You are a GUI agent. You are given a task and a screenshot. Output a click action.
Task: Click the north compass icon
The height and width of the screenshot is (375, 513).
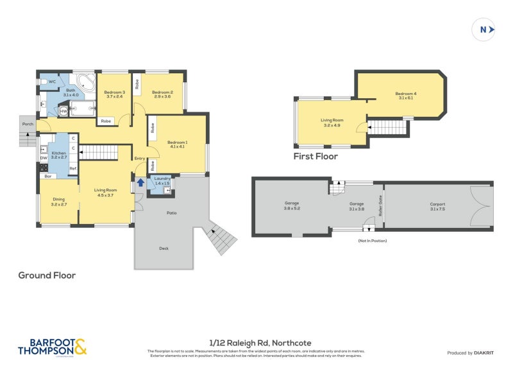[484, 29]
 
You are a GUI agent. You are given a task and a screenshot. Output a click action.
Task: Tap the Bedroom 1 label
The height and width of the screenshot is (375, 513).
[177, 144]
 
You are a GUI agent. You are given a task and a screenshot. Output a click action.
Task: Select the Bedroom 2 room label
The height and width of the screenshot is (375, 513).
[162, 94]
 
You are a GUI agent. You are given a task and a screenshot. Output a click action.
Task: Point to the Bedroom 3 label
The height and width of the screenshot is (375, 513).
[114, 94]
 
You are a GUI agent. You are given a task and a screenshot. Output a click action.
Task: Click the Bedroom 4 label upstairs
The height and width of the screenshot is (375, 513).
[406, 96]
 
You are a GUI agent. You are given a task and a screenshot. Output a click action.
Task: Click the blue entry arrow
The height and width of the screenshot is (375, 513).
[140, 184]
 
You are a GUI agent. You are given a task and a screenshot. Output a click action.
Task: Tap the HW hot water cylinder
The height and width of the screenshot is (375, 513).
[63, 111]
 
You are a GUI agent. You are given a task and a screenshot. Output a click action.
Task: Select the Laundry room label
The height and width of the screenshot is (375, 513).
[161, 181]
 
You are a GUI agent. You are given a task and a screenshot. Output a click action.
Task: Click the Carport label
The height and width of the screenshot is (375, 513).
[437, 205]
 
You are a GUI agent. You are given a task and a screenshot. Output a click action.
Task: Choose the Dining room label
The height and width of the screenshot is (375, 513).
[58, 201]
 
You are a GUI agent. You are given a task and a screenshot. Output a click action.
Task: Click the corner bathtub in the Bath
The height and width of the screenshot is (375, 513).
[84, 82]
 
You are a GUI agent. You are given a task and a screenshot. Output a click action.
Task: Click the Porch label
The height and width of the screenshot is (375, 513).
[27, 124]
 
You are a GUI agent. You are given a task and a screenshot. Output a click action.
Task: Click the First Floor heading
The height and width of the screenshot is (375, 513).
[315, 156]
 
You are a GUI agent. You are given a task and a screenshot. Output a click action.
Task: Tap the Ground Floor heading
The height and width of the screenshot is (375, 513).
[47, 275]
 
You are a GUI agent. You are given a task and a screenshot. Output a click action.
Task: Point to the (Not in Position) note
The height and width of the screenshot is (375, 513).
[373, 241]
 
